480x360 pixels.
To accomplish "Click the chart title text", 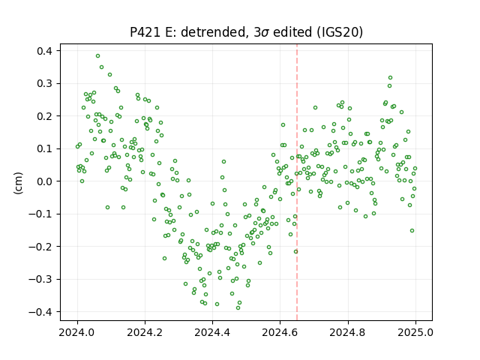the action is (x=247, y=32).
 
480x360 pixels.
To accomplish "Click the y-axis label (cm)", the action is (x=18, y=183).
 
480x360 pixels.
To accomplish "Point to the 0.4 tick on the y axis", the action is (x=45, y=51).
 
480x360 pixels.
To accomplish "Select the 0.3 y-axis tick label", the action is (x=45, y=83).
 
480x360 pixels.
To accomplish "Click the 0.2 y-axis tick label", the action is (x=45, y=116).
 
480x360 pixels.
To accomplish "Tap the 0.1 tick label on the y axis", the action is (x=45, y=148).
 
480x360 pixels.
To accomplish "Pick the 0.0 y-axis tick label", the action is (x=45, y=181).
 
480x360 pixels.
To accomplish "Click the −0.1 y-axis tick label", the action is (x=41, y=214).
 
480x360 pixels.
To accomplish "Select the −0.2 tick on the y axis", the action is (x=41, y=247).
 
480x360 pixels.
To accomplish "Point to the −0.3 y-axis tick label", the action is (x=41, y=279).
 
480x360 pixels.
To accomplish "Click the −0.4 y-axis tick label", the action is (x=41, y=312).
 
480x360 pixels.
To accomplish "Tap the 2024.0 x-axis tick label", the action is (x=77, y=332).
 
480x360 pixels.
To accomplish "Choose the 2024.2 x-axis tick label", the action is (x=145, y=332).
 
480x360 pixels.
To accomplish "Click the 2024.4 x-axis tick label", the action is (x=212, y=332).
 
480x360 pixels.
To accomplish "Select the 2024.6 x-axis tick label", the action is (x=280, y=332).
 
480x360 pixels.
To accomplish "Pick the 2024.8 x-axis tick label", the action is (x=348, y=332).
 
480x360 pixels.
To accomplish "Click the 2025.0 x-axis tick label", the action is (x=415, y=332).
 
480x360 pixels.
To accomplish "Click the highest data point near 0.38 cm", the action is (x=97, y=56).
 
